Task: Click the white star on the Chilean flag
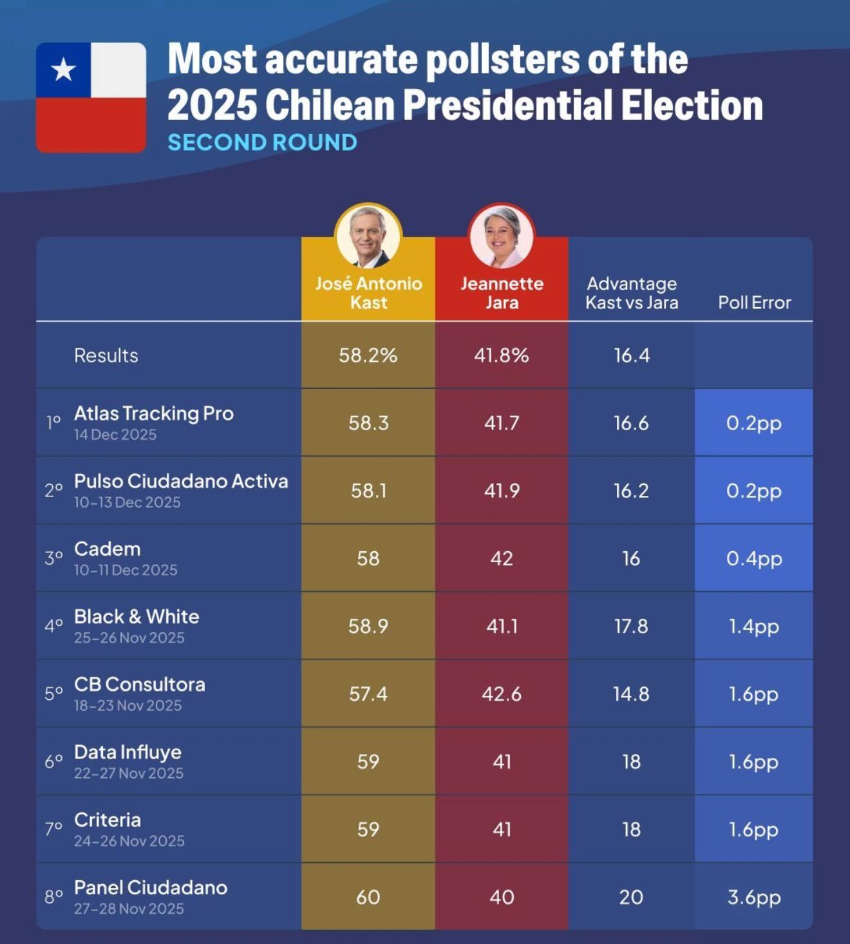click(63, 70)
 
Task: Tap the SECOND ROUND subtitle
click(262, 142)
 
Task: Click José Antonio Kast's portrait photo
click(368, 237)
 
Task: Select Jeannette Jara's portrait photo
click(502, 237)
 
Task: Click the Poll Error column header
click(754, 303)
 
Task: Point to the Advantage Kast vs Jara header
click(631, 293)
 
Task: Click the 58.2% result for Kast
click(368, 355)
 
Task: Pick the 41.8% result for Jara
click(502, 355)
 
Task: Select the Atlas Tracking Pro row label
click(153, 413)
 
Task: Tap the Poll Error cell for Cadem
click(754, 558)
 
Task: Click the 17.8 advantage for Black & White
click(631, 626)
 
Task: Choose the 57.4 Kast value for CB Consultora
click(368, 694)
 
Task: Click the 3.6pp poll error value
click(754, 897)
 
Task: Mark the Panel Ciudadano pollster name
click(150, 887)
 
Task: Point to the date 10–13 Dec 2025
click(127, 502)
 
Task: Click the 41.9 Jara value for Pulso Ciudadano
click(502, 491)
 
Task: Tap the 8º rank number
click(53, 896)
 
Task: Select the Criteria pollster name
click(107, 820)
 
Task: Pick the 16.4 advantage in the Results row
click(631, 355)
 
